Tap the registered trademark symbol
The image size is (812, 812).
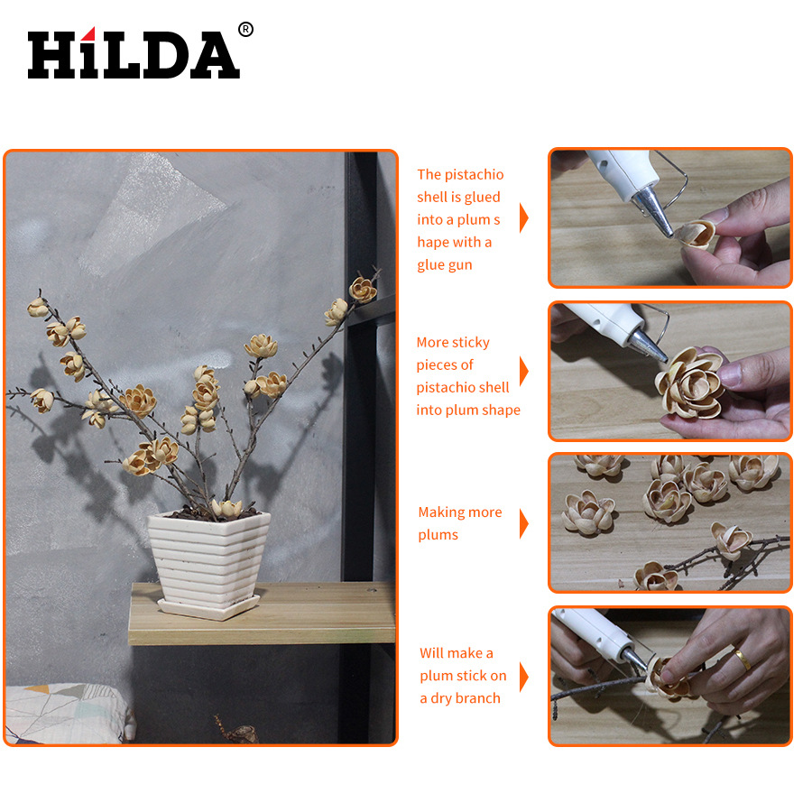[245, 30]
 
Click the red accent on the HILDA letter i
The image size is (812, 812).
[89, 33]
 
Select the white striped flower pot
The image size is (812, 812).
[208, 556]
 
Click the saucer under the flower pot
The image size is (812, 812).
[208, 607]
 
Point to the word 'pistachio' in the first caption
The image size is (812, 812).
[474, 174]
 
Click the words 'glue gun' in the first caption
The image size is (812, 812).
[444, 265]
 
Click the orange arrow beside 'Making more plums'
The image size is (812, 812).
[524, 524]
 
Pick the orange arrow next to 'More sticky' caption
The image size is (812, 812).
[524, 372]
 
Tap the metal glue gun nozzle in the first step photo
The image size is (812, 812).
[653, 211]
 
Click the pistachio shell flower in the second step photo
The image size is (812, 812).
[691, 383]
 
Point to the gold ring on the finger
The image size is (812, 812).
[743, 659]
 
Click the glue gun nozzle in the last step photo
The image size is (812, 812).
[636, 660]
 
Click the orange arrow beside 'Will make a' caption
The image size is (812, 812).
[524, 677]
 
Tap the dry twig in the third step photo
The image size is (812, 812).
[735, 561]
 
